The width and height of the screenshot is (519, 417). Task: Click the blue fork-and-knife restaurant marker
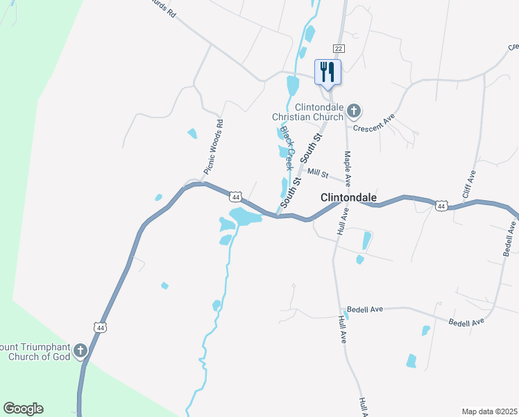[x=328, y=72]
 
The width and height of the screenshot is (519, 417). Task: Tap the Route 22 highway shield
[x=338, y=48]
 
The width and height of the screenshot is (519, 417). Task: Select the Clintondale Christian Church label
[x=319, y=112]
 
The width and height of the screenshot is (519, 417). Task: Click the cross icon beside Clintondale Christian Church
[x=354, y=110]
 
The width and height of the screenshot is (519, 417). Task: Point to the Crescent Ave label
[x=373, y=122]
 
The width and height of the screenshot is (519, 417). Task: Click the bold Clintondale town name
[x=348, y=198]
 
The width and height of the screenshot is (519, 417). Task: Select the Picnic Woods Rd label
[x=213, y=147]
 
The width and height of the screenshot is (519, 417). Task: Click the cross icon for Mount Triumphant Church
[x=81, y=350]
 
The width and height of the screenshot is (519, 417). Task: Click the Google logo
[x=23, y=408]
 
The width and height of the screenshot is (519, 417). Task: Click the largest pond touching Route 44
[x=246, y=218]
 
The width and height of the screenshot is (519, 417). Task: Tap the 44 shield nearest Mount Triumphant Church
[x=101, y=327]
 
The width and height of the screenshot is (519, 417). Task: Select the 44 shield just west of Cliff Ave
[x=441, y=206]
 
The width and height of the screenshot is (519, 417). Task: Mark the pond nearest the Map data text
[x=411, y=361]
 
